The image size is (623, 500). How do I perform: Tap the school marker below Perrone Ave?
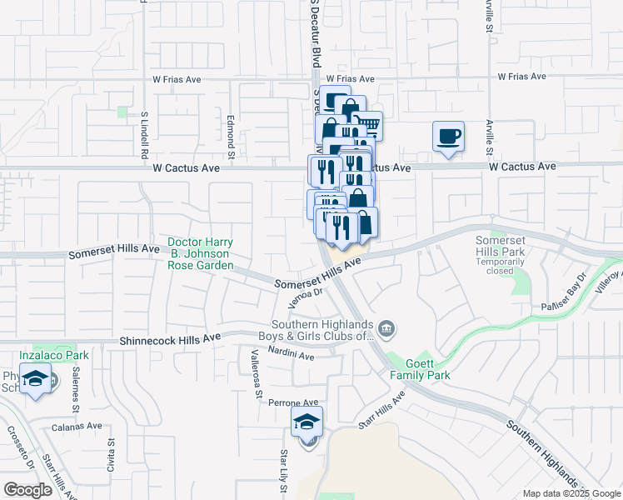(x=307, y=423)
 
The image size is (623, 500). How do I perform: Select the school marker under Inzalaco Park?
(x=35, y=381)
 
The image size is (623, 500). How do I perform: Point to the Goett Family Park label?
(x=420, y=370)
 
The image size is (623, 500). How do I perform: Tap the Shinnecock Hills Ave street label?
(x=170, y=338)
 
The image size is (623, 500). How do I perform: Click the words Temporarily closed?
(x=499, y=267)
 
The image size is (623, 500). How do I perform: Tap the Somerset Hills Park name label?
(x=499, y=246)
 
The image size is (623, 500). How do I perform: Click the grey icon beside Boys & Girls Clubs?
(x=386, y=327)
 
